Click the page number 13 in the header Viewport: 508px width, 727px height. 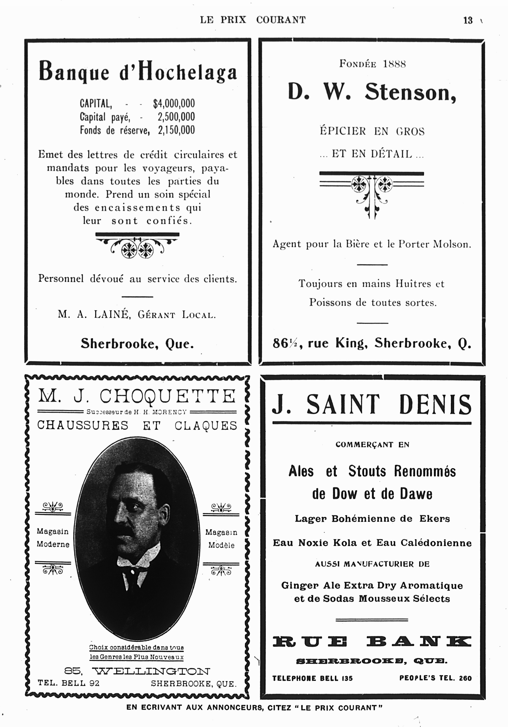tap(468, 20)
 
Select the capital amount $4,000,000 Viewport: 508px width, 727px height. tap(174, 103)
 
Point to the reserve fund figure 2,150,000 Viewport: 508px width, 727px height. tap(176, 130)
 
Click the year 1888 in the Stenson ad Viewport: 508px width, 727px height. tap(394, 64)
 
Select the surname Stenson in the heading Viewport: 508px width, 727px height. tap(410, 93)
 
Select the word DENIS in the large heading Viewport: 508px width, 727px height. tap(435, 405)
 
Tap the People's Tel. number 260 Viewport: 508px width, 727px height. tap(465, 678)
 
